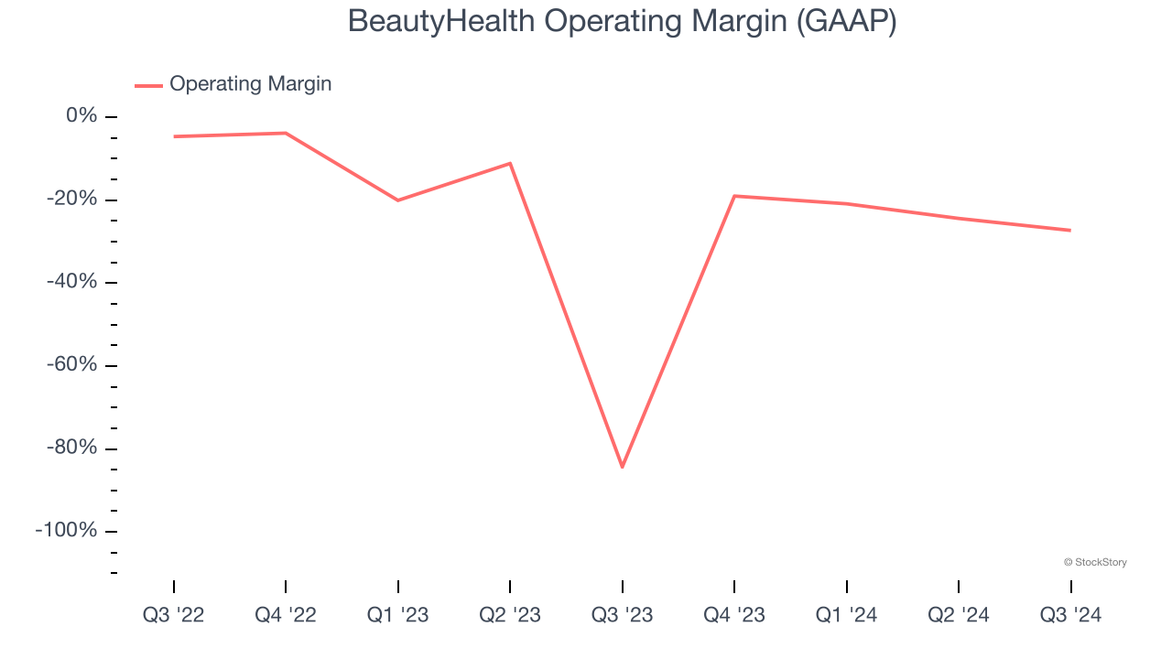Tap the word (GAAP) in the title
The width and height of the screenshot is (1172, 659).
(x=846, y=21)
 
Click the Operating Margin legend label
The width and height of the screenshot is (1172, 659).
(x=250, y=84)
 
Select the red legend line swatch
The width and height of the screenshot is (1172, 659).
(x=148, y=85)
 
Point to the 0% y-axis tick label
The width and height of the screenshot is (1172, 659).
(x=81, y=116)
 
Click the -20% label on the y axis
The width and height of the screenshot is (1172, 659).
(x=71, y=200)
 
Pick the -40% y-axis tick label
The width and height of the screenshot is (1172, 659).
(x=71, y=282)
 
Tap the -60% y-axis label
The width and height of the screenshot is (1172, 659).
(x=71, y=365)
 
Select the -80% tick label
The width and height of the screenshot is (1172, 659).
(x=71, y=448)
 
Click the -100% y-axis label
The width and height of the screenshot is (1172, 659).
(x=67, y=531)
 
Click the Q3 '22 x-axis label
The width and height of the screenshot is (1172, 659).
(x=174, y=616)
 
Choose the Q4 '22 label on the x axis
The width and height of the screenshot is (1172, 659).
(x=286, y=616)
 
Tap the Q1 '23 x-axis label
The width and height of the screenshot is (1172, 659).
(x=398, y=616)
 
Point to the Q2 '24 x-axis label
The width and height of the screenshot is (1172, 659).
(x=959, y=616)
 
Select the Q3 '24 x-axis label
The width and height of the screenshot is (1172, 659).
(x=1070, y=616)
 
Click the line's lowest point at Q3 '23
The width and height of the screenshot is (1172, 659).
(x=623, y=467)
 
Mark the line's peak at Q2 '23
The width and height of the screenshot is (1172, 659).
(x=510, y=164)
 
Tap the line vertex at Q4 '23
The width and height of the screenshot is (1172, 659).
(x=734, y=196)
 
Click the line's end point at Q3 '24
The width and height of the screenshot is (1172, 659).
(x=1070, y=230)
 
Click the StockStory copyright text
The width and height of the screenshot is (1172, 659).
(x=1095, y=562)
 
